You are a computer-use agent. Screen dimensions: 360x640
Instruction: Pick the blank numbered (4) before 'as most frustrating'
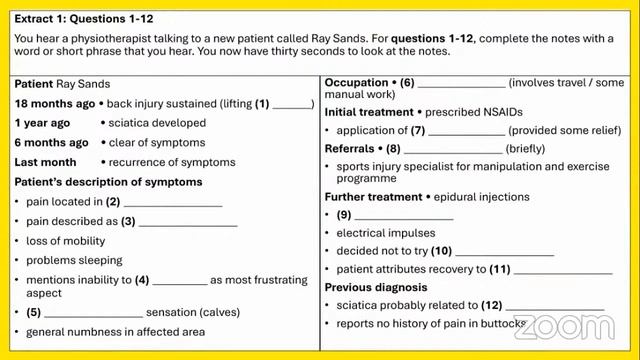click(180, 281)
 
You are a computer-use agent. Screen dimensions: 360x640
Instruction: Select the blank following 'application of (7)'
click(466, 132)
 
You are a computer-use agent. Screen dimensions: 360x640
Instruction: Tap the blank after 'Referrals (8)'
click(452, 150)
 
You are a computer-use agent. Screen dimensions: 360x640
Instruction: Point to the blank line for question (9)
click(404, 216)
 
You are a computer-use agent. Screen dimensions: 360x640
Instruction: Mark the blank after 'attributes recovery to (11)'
click(563, 271)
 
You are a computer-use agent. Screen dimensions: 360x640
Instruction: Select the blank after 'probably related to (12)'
click(555, 306)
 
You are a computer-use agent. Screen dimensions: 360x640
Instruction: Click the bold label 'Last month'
click(45, 162)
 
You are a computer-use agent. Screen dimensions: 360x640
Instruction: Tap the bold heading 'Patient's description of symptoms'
click(108, 182)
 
